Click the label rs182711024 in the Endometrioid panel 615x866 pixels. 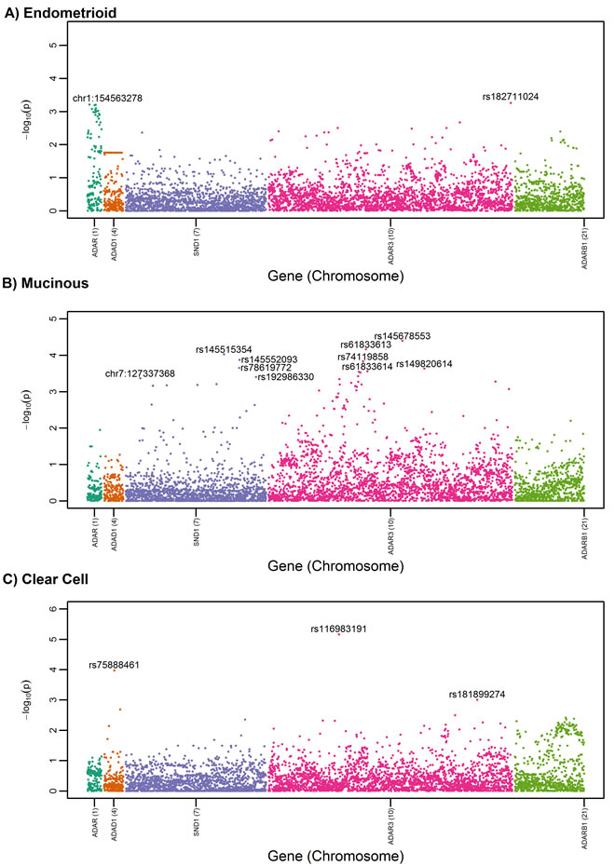coord(511,97)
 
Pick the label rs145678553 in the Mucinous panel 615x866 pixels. coord(402,336)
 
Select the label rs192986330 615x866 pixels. coord(285,377)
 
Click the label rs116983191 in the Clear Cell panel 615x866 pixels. coord(338,629)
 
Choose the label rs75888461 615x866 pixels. coord(114,665)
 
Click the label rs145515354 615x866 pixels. coord(224,350)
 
